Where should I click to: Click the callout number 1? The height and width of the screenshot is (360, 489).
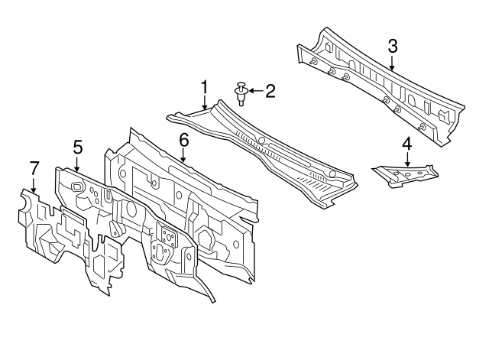pos(204,87)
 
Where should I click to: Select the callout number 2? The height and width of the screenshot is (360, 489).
pos(270,91)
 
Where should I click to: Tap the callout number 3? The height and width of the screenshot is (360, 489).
pos(393,46)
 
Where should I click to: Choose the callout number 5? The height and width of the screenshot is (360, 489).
pos(78,147)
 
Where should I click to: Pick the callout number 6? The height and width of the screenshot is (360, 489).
pos(184,140)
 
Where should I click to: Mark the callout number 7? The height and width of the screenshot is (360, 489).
pos(34,168)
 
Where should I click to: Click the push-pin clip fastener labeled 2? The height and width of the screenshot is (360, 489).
pos(241,93)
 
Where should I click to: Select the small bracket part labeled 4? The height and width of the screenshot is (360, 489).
pos(405,177)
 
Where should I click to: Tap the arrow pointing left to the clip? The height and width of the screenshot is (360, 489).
pos(256,91)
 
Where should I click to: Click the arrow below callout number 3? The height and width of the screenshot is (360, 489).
pos(392,62)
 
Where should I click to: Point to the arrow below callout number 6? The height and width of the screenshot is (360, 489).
pos(183,155)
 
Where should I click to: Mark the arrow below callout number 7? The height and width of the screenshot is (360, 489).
pos(34,184)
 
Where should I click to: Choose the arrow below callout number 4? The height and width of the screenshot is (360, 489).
pos(407,159)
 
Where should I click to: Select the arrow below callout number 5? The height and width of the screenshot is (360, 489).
pos(77,163)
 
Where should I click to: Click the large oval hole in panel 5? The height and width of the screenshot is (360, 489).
pos(131,209)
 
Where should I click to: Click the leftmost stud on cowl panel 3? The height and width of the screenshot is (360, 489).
pos(313,61)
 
